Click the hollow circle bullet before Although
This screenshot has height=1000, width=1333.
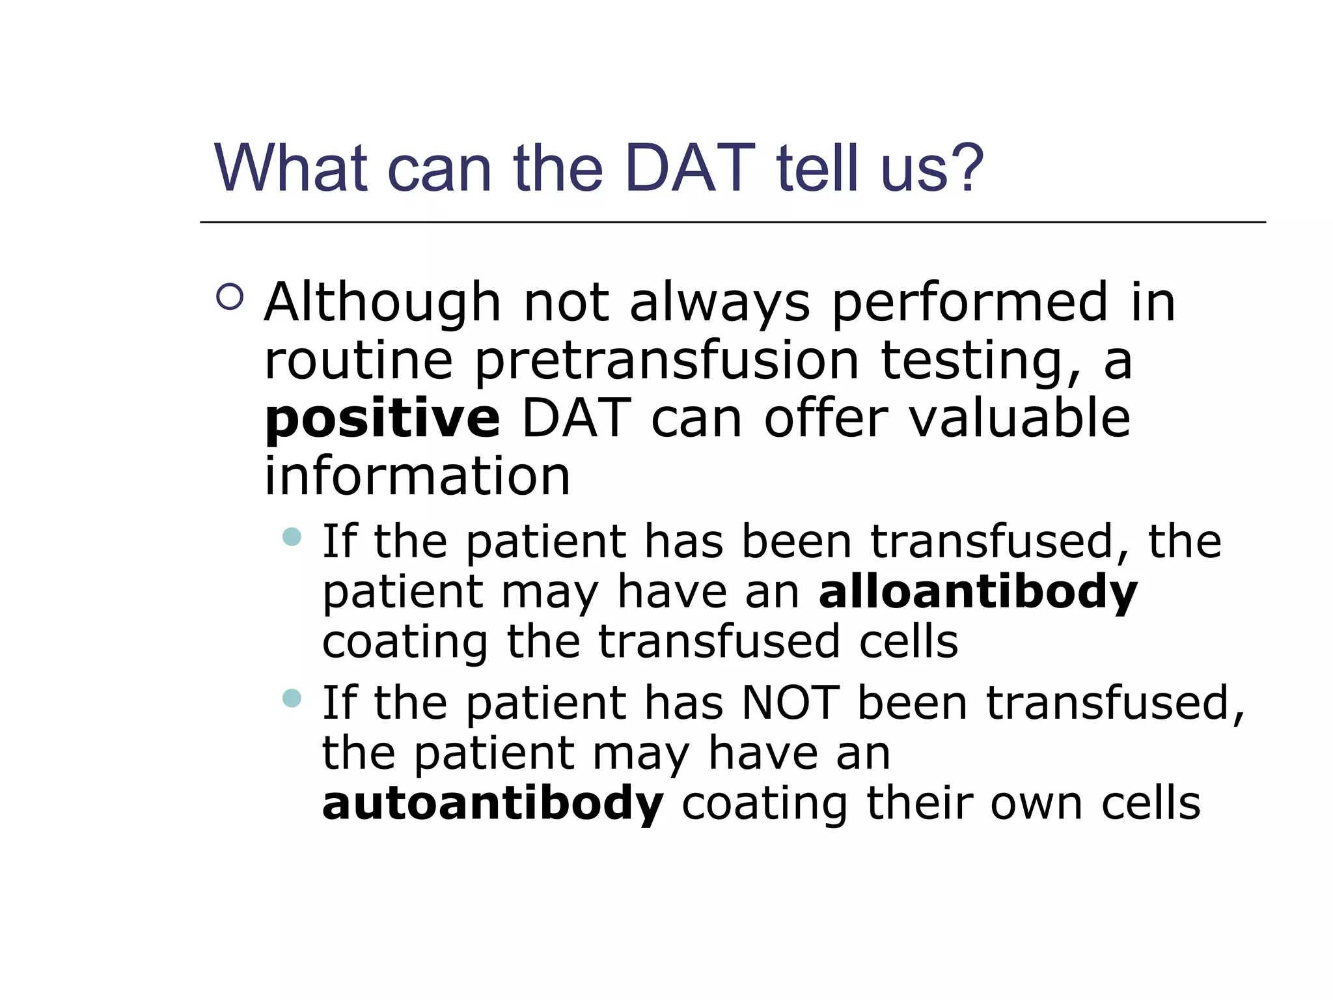230,297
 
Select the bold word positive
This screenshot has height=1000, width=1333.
382,419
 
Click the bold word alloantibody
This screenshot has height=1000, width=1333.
978,592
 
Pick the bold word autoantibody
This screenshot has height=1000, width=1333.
493,803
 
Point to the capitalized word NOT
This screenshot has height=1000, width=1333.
790,703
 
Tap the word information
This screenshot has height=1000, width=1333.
417,476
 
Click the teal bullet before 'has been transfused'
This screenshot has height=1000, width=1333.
292,536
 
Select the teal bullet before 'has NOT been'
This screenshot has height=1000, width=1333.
292,699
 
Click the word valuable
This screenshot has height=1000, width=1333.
1019,419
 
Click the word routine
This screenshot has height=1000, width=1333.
358,361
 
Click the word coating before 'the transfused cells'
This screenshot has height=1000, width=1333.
405,643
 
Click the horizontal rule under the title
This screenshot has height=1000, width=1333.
732,223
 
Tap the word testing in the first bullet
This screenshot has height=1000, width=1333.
980,361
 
